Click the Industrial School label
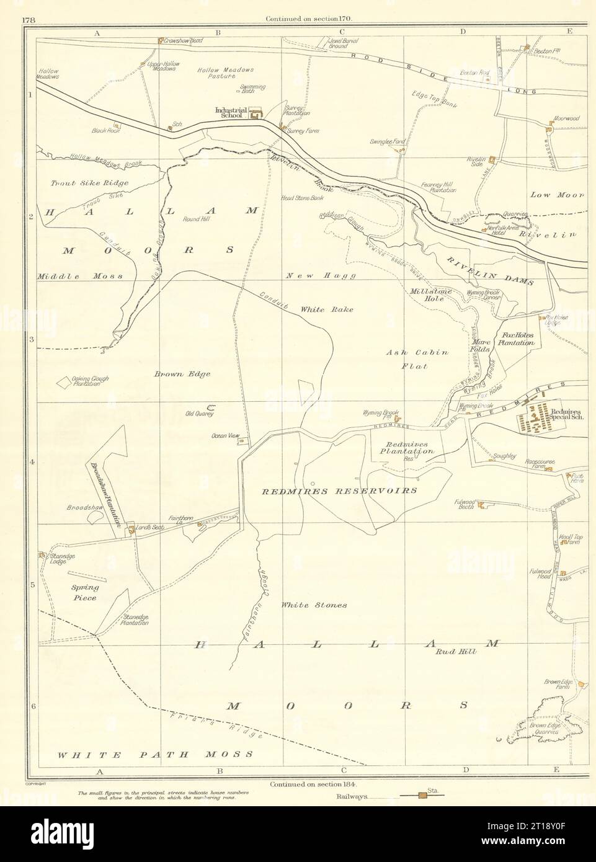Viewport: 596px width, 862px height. click(231, 113)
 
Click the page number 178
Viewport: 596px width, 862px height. click(27, 19)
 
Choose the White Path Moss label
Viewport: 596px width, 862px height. click(155, 754)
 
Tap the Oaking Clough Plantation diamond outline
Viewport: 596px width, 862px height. click(64, 383)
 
